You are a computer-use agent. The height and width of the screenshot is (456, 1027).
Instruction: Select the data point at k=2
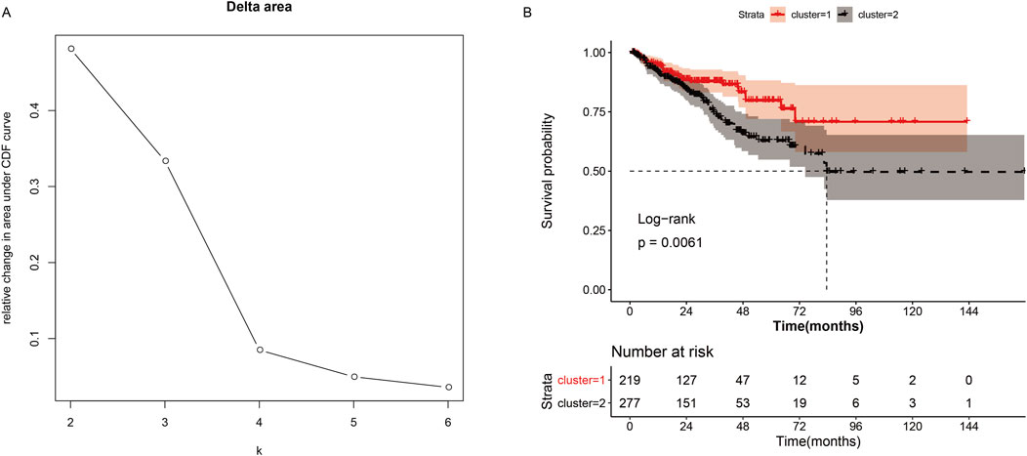coord(70,49)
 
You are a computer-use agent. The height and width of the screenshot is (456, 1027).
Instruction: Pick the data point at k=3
coord(165,160)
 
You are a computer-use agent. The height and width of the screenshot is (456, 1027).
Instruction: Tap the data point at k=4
coord(260,350)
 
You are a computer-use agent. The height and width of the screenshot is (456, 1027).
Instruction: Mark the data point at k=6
coord(448,388)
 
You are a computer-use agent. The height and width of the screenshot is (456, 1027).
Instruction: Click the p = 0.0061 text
coord(670,240)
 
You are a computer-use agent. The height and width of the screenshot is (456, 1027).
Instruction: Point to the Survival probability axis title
coord(550,172)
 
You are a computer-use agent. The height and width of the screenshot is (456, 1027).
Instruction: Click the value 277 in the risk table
coord(631,402)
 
